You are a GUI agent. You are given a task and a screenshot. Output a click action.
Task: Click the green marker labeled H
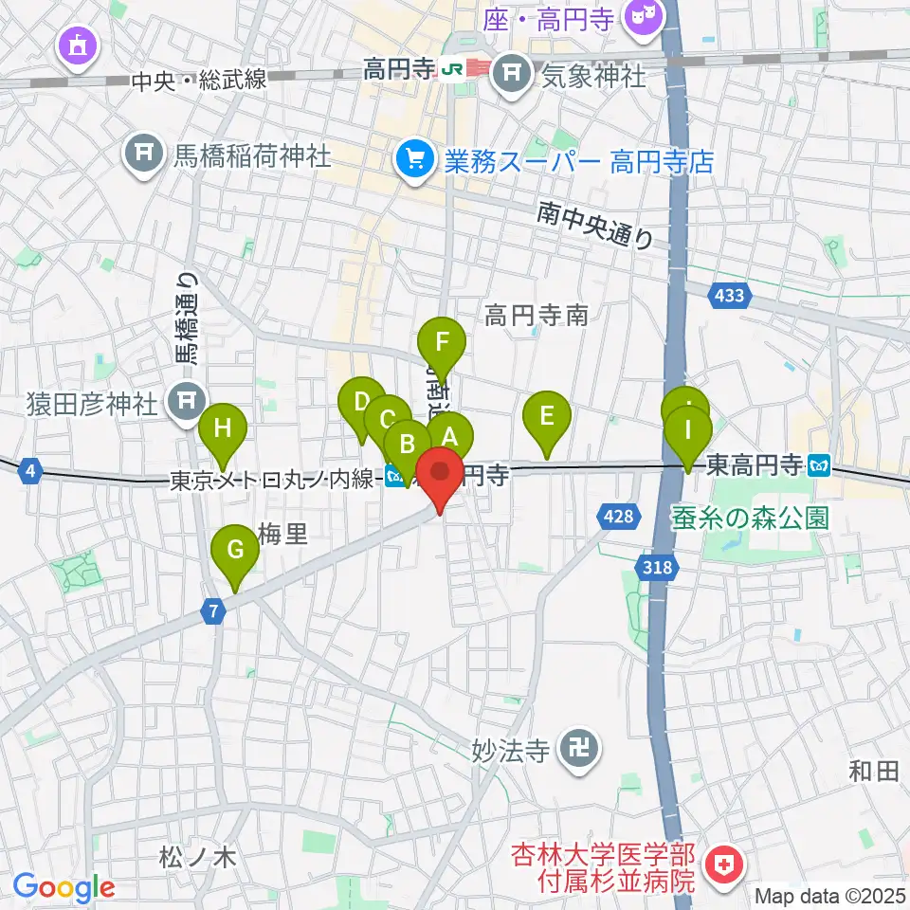[x=223, y=429]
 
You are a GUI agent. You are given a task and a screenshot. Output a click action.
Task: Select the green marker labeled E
[x=546, y=417]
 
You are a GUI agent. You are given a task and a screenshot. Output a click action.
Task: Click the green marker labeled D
[x=361, y=402]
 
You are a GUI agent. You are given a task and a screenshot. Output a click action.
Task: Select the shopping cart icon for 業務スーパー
[x=414, y=158]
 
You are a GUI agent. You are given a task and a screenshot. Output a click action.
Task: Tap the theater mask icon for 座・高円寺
[x=645, y=18]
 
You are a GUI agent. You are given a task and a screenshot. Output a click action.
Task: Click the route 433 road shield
[x=729, y=296]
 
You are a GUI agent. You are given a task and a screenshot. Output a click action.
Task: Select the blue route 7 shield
[x=216, y=613]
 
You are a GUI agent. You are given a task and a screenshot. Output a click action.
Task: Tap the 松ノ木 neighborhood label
[x=197, y=859]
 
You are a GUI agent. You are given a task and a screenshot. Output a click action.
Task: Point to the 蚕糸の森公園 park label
[x=751, y=518]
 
